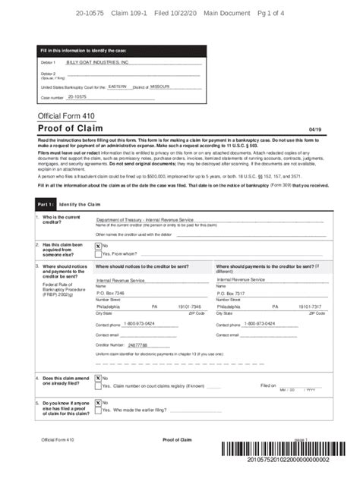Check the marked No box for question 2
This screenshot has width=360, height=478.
coord(99,246)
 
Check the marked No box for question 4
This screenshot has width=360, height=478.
coord(99,378)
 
